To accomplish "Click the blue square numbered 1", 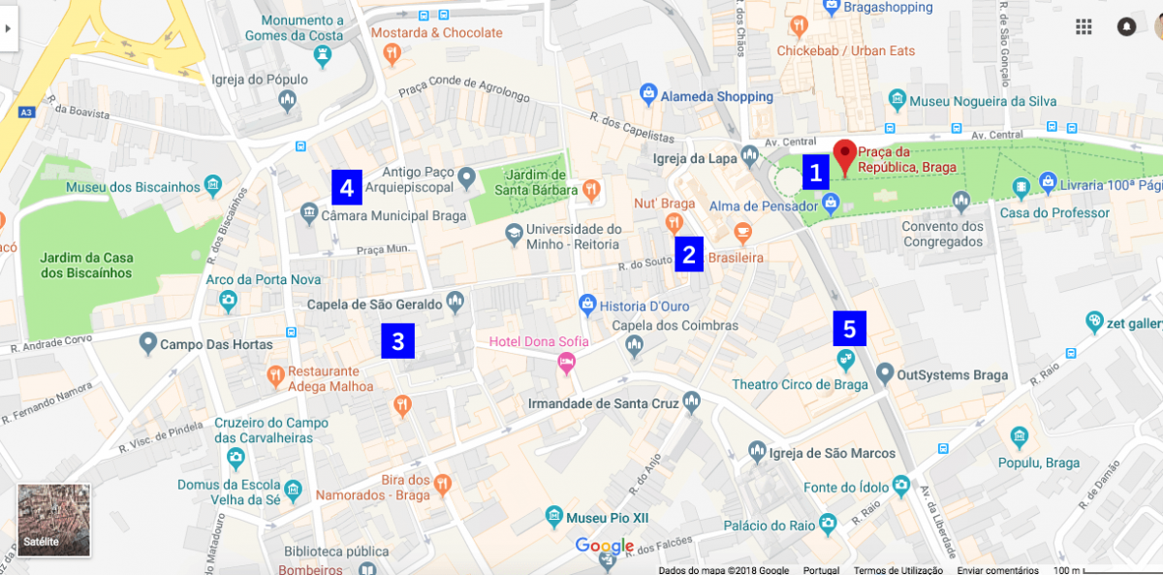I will [x=815, y=174].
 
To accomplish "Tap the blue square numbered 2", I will [x=688, y=255].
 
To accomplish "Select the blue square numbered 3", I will [x=397, y=341].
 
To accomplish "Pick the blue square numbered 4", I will [x=346, y=186].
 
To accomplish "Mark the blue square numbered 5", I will [x=849, y=329].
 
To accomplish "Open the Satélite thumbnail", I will [x=54, y=521].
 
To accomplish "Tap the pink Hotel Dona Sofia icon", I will [x=567, y=363].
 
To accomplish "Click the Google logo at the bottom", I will [x=605, y=546].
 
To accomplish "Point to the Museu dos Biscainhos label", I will [x=134, y=187].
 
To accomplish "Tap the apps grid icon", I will [x=1084, y=27].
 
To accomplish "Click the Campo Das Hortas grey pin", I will [x=147, y=342].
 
